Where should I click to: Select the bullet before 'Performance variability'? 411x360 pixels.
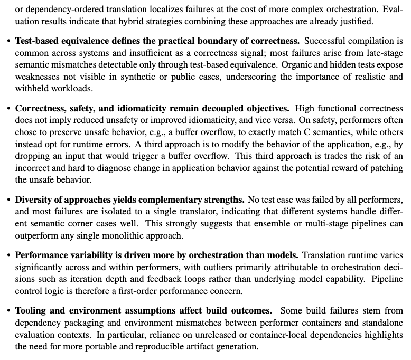[9, 255]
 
